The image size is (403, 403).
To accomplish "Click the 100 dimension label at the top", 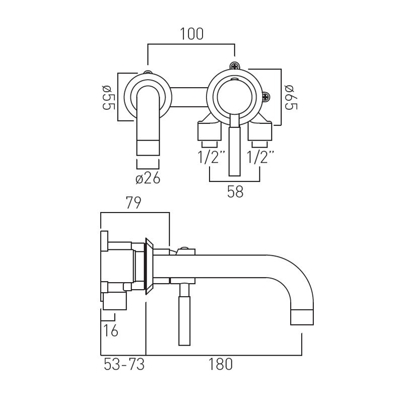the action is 192,34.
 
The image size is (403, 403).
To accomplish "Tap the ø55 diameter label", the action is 108,98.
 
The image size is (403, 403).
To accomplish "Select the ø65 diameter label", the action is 291,98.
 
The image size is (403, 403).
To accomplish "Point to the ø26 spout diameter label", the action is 148,178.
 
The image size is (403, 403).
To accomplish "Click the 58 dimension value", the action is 235,192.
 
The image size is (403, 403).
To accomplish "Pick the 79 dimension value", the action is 133,203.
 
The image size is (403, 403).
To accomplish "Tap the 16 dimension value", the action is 111,330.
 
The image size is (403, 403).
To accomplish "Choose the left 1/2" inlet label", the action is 211,157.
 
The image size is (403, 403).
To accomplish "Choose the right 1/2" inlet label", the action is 260,157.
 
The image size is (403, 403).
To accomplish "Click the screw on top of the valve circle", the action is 234,66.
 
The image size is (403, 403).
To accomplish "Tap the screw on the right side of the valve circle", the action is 265,97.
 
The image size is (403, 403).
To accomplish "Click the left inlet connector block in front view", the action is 209,131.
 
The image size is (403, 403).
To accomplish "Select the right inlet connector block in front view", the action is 260,131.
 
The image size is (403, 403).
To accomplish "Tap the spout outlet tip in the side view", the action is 302,317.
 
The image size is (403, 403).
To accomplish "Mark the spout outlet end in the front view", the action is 148,148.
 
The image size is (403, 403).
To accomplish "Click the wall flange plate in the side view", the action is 149,266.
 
